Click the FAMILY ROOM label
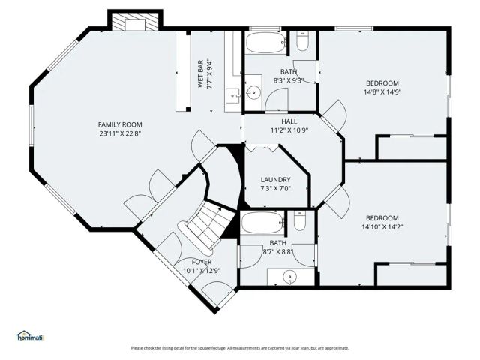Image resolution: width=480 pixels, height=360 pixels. (120, 124)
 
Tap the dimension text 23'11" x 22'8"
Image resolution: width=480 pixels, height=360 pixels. (120, 134)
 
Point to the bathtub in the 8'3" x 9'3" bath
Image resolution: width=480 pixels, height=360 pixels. (264, 41)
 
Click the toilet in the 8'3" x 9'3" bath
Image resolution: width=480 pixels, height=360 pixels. (302, 44)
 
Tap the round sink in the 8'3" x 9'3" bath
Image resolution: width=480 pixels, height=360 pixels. (254, 94)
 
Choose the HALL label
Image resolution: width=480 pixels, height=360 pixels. (289, 121)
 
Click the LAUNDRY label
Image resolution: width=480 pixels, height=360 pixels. (275, 180)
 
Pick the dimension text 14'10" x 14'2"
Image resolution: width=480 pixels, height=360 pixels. (382, 227)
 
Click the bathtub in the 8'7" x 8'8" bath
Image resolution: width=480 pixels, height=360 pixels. (262, 221)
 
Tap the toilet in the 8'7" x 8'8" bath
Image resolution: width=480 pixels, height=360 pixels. (300, 222)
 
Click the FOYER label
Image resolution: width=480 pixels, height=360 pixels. (202, 262)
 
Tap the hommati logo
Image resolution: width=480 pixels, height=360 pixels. (31, 336)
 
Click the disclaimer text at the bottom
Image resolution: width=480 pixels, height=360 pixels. (240, 348)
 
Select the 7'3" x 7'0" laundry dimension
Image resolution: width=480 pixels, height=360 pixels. (275, 190)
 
